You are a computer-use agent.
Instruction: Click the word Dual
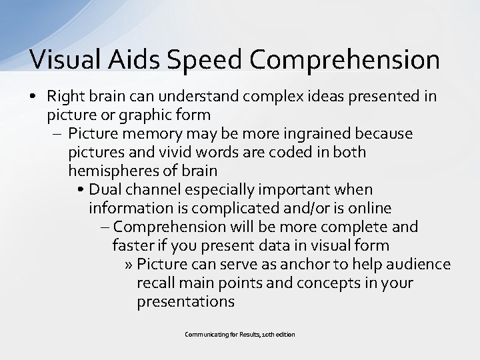coord(105,190)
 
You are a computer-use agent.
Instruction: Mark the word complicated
coord(209,209)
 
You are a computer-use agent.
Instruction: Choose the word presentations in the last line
coord(185,302)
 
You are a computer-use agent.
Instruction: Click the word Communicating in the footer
coord(207,334)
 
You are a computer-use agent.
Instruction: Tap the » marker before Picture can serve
coord(128,265)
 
